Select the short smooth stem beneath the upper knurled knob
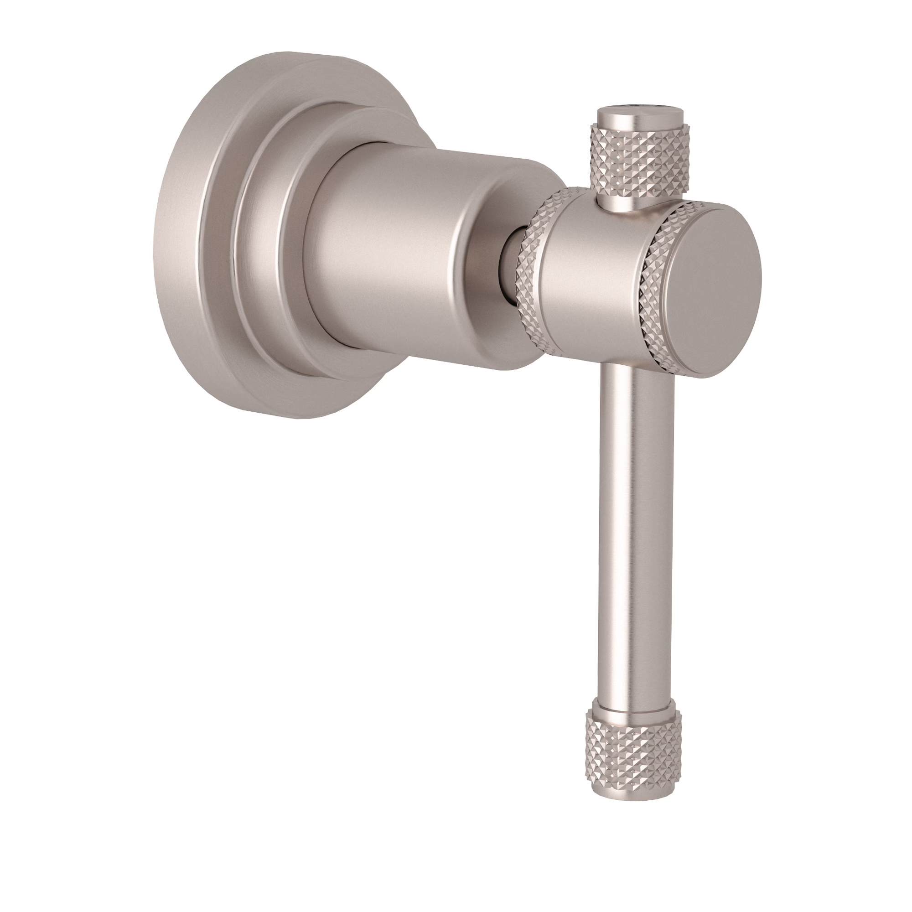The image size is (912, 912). pos(618,201)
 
